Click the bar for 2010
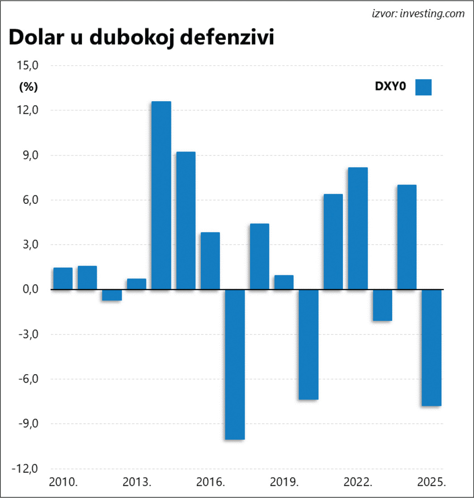click(63, 278)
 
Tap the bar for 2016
click(210, 261)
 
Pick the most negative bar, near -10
click(235, 364)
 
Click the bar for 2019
click(284, 282)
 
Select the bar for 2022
click(358, 228)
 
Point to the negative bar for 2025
click(431, 348)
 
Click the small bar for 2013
click(137, 284)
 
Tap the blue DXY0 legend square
click(423, 87)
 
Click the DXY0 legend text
click(390, 87)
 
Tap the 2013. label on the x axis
click(137, 482)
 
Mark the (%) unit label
click(28, 88)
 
